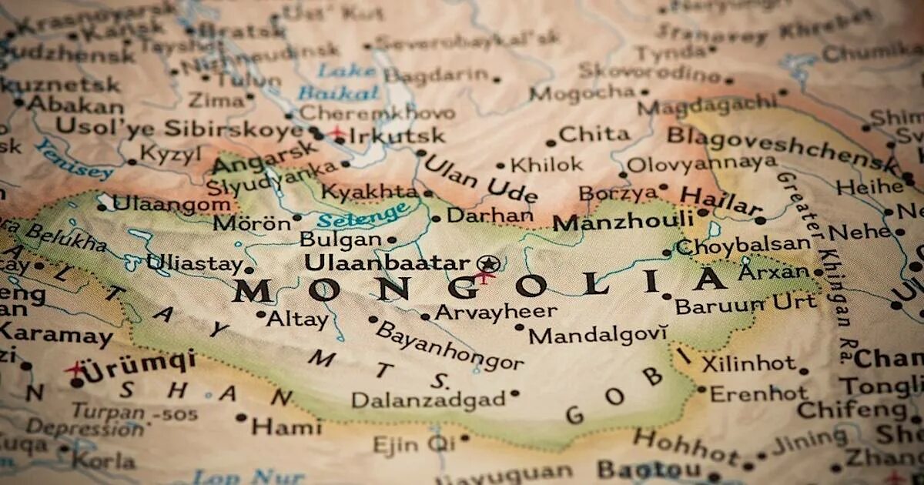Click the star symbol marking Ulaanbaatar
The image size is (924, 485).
[x=487, y=263]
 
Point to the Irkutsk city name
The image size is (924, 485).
[x=397, y=136]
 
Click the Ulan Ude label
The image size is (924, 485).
[x=480, y=179]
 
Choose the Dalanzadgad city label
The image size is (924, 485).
[x=428, y=400]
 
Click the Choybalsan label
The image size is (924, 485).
[x=742, y=246]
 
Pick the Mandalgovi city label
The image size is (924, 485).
[x=598, y=335]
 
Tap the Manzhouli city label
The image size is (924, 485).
[x=624, y=222]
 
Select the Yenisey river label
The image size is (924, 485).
[x=74, y=159]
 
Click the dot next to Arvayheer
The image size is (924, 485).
[x=425, y=316]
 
